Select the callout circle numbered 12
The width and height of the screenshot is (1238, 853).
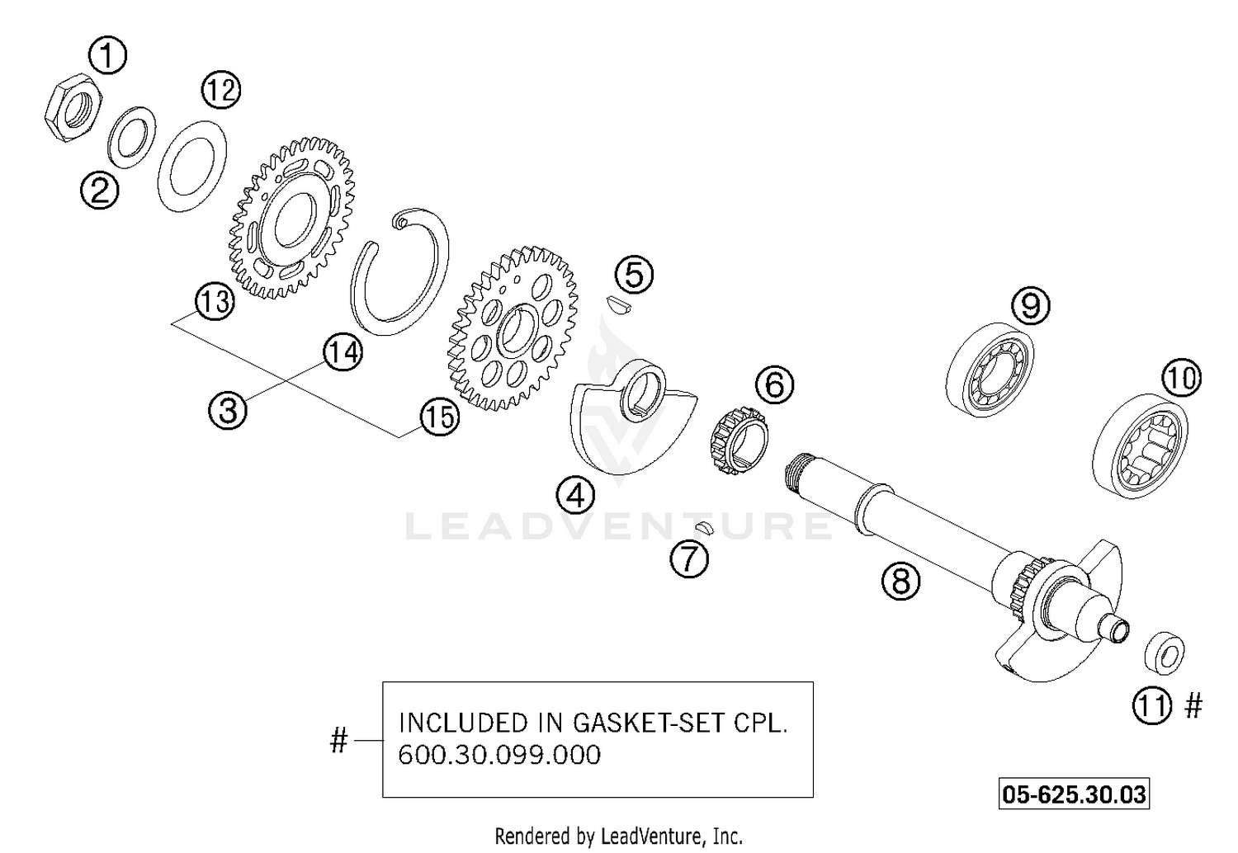[x=220, y=89]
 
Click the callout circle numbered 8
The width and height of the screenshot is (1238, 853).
[x=900, y=582]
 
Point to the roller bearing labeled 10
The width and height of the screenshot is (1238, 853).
[x=1140, y=448]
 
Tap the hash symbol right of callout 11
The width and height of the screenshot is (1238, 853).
[x=1193, y=706]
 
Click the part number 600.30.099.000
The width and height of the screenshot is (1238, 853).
[x=499, y=754]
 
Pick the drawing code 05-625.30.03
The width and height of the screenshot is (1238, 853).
[x=1073, y=794]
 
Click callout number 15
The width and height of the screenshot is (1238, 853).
[x=438, y=417]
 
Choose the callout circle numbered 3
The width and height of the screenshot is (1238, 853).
[x=228, y=409]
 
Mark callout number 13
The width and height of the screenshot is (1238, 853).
[x=215, y=302]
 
